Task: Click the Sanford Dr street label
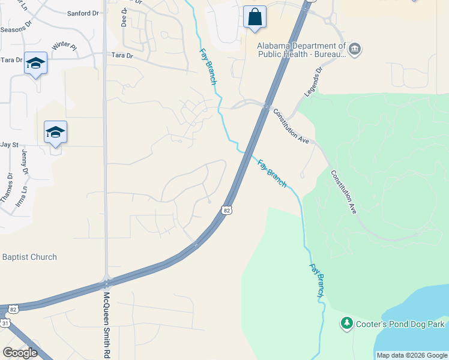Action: point(83,13)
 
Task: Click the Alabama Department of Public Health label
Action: point(301,50)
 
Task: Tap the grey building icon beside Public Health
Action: point(354,49)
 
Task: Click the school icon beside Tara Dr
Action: point(35,64)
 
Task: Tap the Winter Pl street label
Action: point(65,46)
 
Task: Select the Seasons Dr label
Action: point(15,29)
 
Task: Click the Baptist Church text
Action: point(29,257)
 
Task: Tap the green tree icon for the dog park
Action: point(346,324)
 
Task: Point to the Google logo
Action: point(20,352)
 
